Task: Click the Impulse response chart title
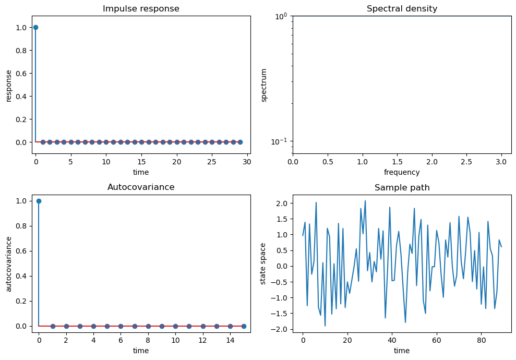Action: tap(141, 9)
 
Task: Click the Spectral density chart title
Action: tap(402, 9)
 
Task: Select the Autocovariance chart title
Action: tap(141, 187)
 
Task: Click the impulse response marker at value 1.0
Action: tap(35, 27)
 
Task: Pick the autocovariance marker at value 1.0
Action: tap(39, 201)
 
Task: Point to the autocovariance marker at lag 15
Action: tap(244, 326)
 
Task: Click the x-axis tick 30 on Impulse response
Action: tap(247, 162)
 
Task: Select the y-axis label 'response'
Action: tap(9, 85)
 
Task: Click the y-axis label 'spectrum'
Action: tap(264, 85)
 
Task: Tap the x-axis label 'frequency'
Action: tap(402, 172)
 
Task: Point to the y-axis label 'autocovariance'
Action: tap(9, 263)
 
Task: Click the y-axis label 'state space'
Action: tap(263, 263)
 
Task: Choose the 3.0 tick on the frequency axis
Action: tap(501, 162)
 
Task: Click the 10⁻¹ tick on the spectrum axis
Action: tap(279, 142)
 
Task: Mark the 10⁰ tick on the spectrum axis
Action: tap(280, 16)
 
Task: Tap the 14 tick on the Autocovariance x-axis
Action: tap(230, 341)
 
